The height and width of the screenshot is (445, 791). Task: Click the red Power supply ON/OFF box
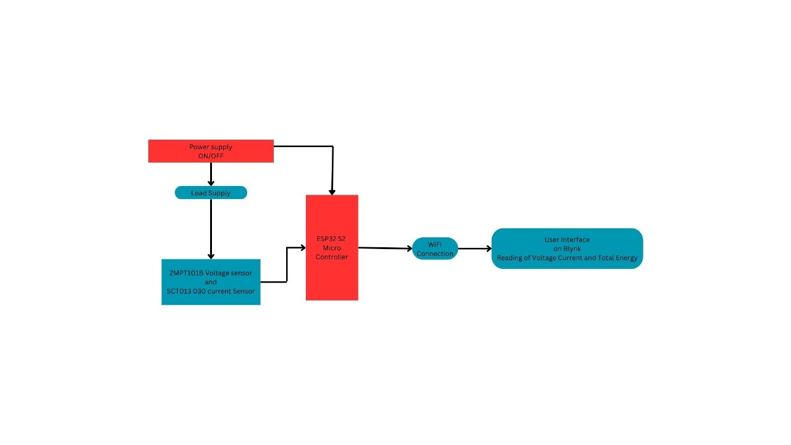click(211, 151)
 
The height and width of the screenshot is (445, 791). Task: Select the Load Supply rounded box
click(211, 193)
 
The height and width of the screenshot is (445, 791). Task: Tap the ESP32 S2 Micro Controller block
click(332, 247)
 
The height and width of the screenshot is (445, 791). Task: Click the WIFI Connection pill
click(435, 248)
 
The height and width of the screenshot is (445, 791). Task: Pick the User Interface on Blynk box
click(567, 248)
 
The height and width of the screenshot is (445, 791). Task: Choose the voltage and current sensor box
click(211, 282)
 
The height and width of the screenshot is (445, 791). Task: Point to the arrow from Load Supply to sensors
click(211, 229)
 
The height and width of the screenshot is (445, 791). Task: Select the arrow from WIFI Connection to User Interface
click(475, 249)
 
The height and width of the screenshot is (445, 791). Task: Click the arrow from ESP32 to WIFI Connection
click(385, 248)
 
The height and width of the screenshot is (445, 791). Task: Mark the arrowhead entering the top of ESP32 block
click(332, 192)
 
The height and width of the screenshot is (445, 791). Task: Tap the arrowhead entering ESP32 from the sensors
click(302, 248)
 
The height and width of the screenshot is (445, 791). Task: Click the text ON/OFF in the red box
click(211, 156)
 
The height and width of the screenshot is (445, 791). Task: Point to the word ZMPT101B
click(186, 273)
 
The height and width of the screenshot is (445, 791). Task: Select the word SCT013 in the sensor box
click(178, 291)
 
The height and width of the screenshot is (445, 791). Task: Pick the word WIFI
click(435, 244)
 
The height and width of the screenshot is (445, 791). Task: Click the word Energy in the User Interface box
click(626, 258)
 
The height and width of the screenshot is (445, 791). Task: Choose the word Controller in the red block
click(332, 256)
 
